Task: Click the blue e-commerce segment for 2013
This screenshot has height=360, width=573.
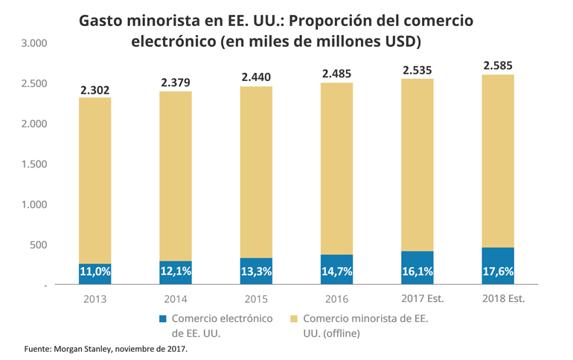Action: pyautogui.click(x=95, y=274)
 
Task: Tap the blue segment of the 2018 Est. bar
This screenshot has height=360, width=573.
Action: pyautogui.click(x=498, y=266)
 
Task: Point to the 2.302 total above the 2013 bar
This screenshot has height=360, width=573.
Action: pyautogui.click(x=95, y=90)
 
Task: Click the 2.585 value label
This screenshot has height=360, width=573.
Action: pyautogui.click(x=498, y=66)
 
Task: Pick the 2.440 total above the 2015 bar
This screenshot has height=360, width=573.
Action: pyautogui.click(x=256, y=77)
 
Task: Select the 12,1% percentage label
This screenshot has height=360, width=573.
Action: pyautogui.click(x=176, y=272)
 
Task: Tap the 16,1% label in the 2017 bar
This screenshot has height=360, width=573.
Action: pyautogui.click(x=417, y=272)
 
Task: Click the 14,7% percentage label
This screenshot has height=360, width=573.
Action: pyautogui.click(x=336, y=272)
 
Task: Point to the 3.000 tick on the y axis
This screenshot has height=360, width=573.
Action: pyautogui.click(x=34, y=43)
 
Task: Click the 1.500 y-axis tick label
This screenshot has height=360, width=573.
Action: pyautogui.click(x=34, y=164)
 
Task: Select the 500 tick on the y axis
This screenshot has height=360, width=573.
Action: pyautogui.click(x=39, y=245)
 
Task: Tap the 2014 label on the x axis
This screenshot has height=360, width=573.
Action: pyautogui.click(x=176, y=299)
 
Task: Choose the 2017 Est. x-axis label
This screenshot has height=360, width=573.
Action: pyautogui.click(x=417, y=299)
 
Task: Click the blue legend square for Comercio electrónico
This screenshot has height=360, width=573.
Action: pyautogui.click(x=162, y=319)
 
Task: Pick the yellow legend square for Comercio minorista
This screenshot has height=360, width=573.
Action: pyautogui.click(x=294, y=319)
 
